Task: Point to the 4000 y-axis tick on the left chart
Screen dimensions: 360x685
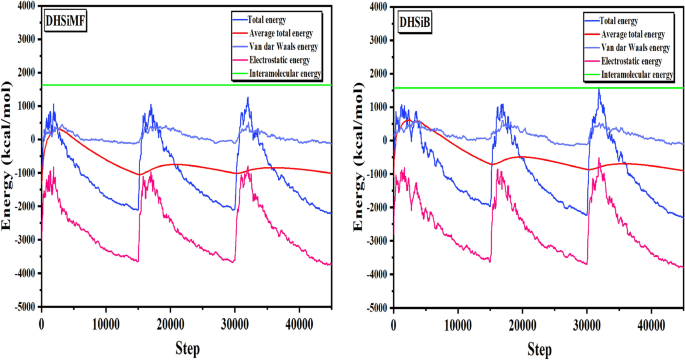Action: (25, 7)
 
